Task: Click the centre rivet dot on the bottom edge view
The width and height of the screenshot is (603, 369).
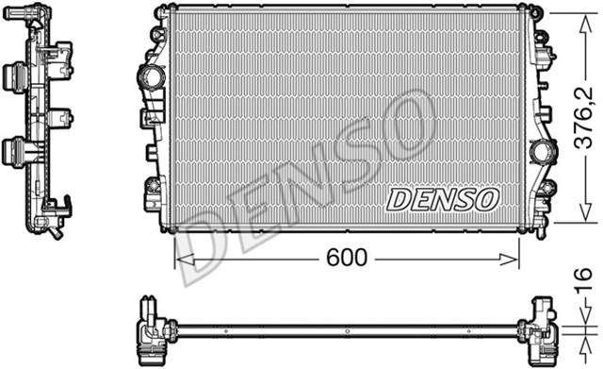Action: (347, 330)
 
